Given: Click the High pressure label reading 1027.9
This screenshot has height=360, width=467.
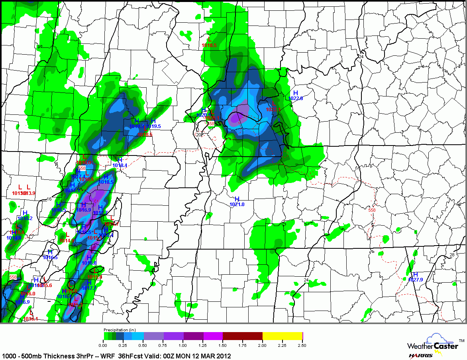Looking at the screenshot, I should (415, 279).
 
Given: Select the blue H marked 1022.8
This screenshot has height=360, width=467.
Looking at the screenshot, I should (295, 98).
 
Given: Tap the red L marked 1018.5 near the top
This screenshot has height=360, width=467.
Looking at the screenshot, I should (209, 45).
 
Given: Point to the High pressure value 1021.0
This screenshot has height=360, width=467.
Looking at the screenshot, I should (237, 204).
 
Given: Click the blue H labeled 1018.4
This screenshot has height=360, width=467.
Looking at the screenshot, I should (120, 165).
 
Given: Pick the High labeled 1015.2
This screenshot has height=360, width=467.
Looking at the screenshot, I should (25, 218).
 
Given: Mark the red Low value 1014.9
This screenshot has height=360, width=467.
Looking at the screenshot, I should (66, 240).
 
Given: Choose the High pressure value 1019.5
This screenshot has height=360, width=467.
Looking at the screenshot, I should (153, 126).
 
